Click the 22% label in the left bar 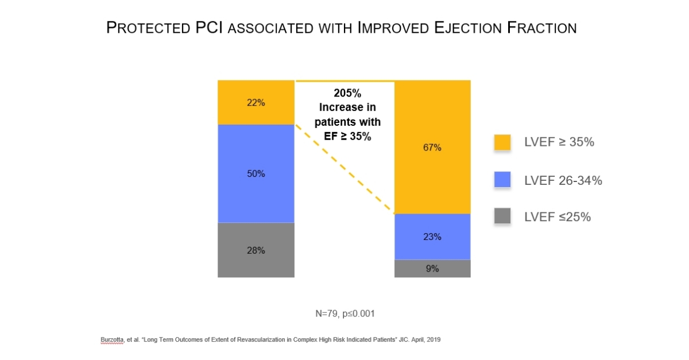tap(256, 103)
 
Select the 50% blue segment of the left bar tap(256, 173)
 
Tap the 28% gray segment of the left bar tap(256, 250)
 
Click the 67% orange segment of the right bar tap(432, 147)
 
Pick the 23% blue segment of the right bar tap(432, 237)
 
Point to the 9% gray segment tap(432, 268)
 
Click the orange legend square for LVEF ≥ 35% tap(502, 142)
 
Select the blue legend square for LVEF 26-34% tap(502, 180)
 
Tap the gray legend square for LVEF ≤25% tap(502, 216)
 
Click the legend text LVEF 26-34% tap(563, 180)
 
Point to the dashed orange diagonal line tap(344, 169)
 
